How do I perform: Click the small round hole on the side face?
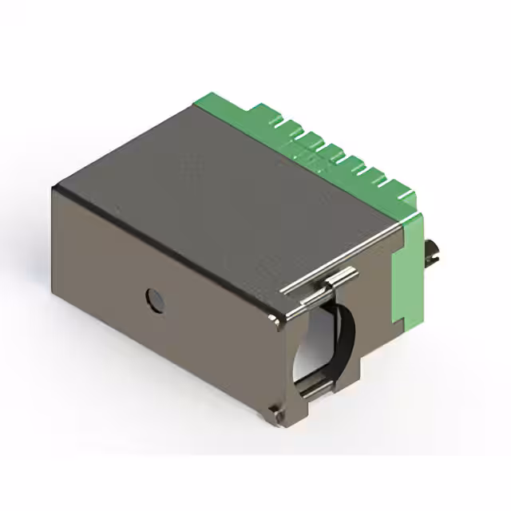(153, 299)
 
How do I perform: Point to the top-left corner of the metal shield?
(54, 188)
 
